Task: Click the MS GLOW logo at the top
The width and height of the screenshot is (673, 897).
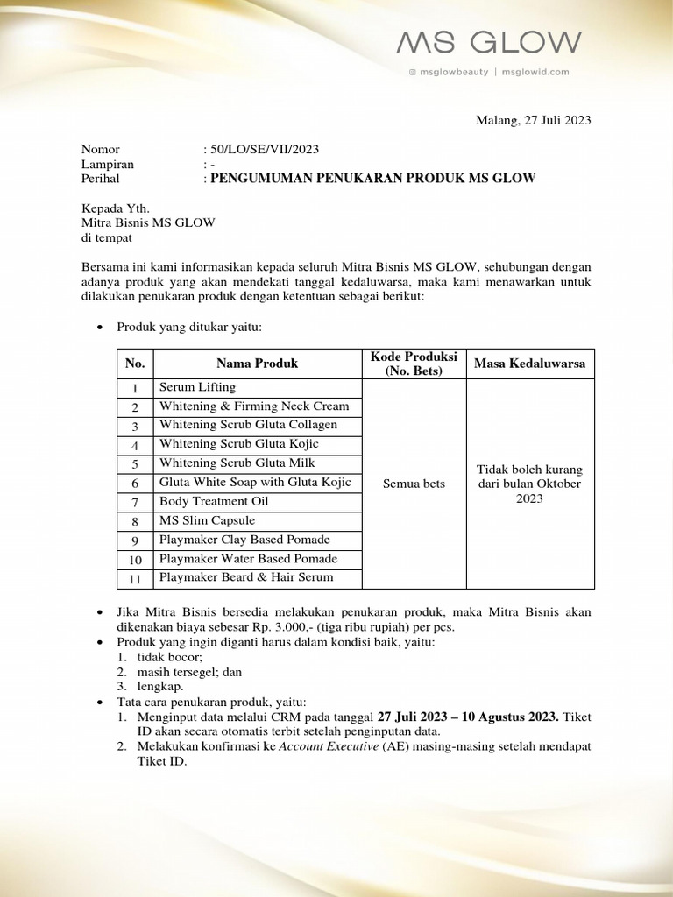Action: (489, 43)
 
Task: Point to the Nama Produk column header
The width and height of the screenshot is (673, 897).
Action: (257, 364)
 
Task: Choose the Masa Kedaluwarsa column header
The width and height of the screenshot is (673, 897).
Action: (529, 364)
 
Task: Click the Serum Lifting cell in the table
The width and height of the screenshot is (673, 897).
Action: (197, 387)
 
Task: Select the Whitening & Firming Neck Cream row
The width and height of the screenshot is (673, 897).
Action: (254, 406)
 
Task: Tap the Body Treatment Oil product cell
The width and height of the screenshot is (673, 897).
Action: (214, 502)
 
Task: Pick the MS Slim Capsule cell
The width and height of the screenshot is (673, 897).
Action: (207, 521)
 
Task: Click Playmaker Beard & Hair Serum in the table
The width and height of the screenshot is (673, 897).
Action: (246, 578)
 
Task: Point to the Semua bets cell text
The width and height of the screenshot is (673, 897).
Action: (414, 484)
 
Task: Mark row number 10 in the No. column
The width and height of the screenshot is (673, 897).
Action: (135, 560)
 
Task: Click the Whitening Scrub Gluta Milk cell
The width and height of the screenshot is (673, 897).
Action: (237, 463)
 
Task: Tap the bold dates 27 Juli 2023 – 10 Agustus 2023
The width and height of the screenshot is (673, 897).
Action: (466, 717)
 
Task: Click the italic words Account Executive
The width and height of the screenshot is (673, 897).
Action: (328, 746)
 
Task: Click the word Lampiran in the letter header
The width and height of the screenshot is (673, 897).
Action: (108, 164)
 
